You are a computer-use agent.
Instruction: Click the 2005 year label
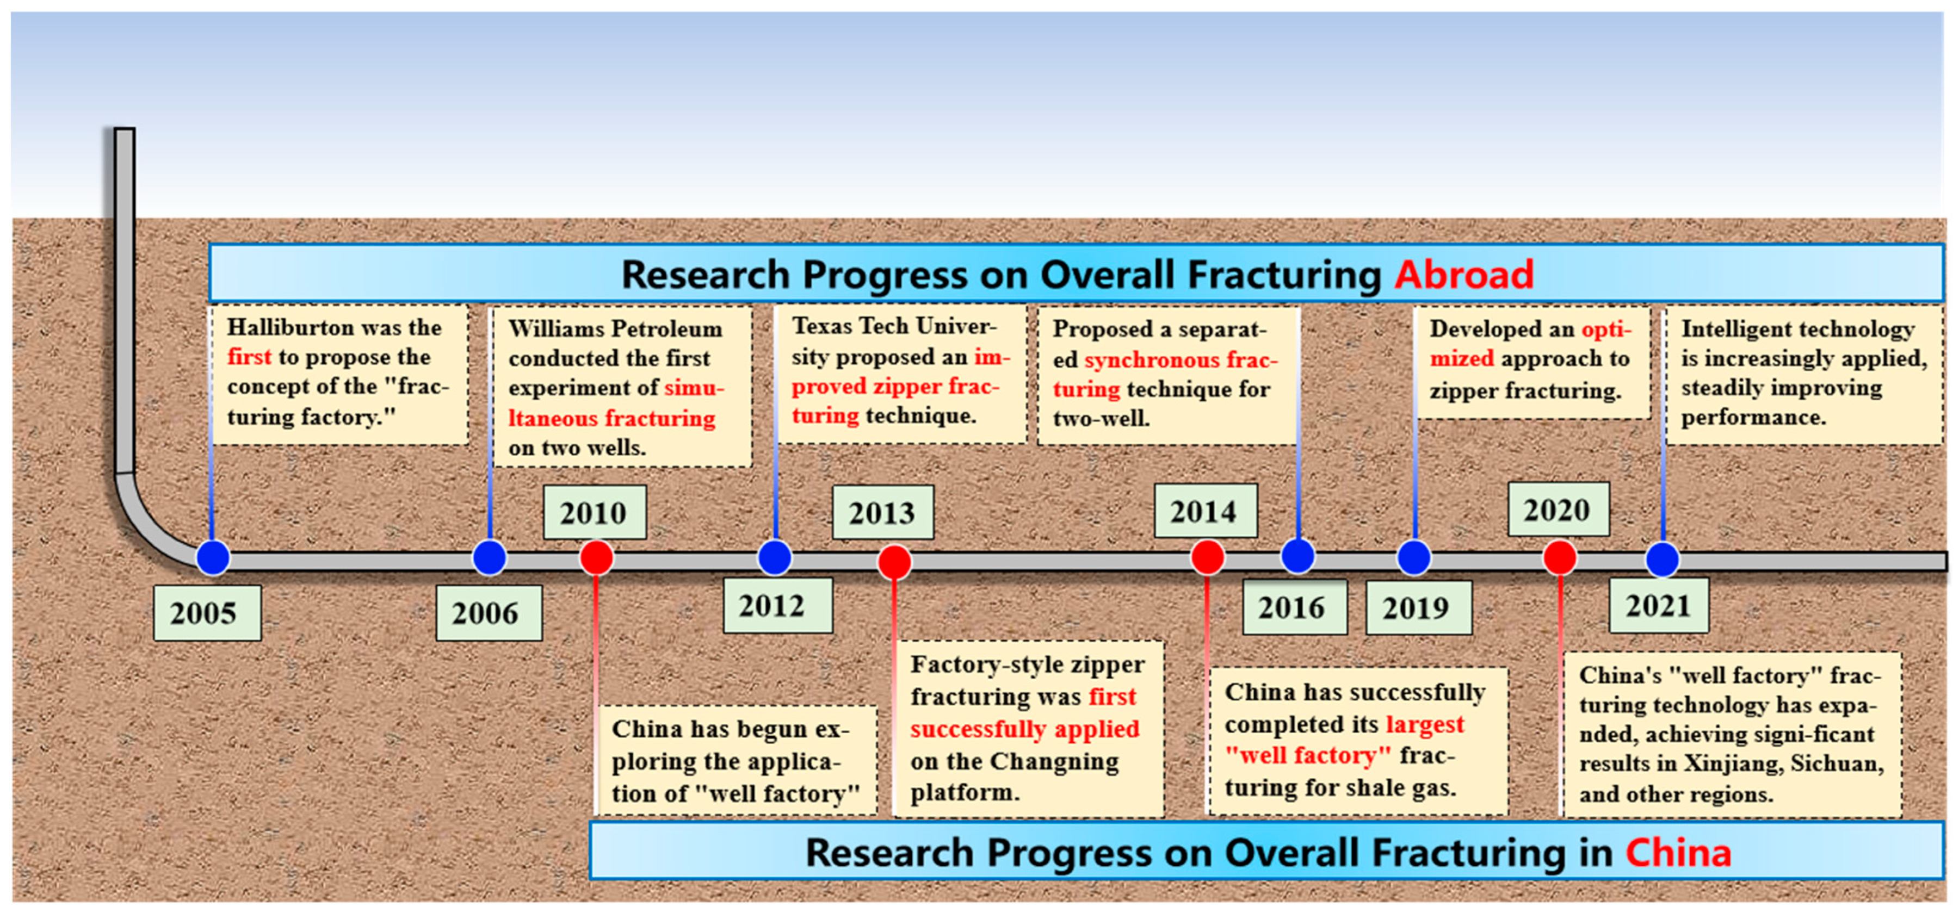(x=207, y=613)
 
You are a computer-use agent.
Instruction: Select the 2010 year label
(x=595, y=512)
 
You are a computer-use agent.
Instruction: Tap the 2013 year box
(x=883, y=512)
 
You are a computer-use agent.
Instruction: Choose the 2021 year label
(x=1659, y=606)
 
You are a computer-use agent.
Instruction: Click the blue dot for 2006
(x=489, y=558)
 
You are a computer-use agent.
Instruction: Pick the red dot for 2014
(x=1207, y=557)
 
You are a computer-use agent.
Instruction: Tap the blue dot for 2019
(x=1414, y=558)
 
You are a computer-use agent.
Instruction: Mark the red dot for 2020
(x=1560, y=557)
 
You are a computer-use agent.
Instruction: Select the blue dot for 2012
(x=775, y=558)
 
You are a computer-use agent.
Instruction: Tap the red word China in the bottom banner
(x=1678, y=852)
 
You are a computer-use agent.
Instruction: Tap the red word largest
(x=1425, y=724)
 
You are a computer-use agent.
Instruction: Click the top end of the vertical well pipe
(x=125, y=130)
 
